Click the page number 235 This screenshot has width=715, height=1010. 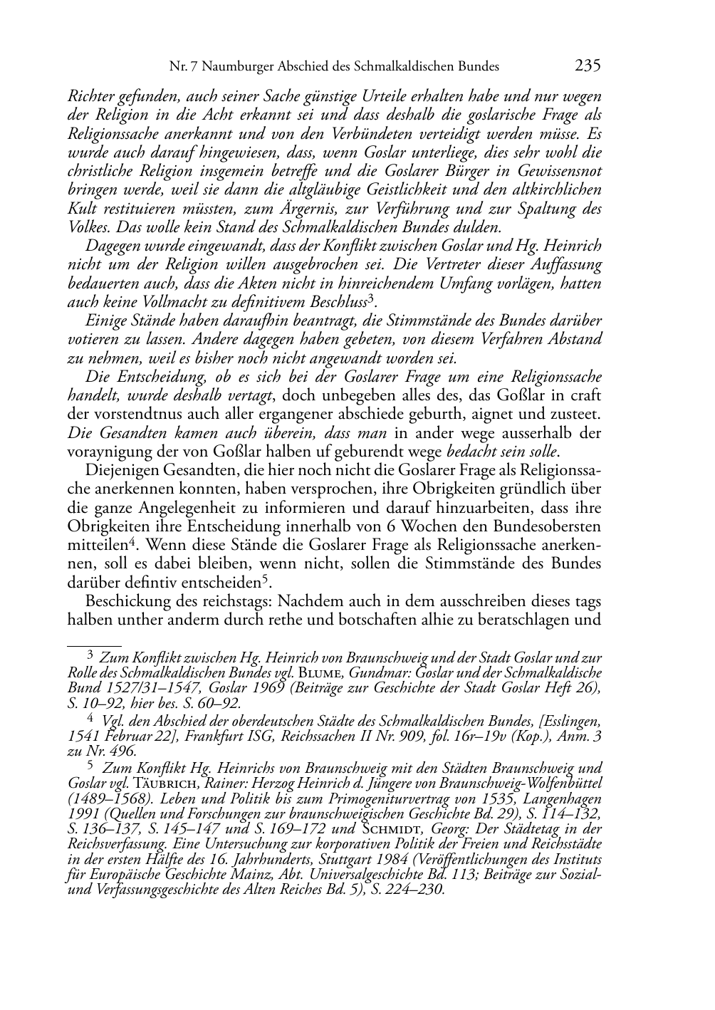[588, 66]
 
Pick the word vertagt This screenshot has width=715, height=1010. [251, 395]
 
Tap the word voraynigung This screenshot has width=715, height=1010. [105, 452]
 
